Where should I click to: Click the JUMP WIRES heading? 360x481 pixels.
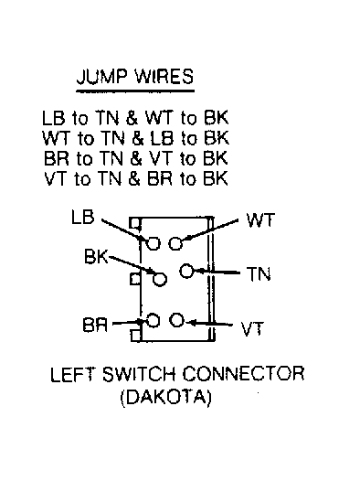pyautogui.click(x=135, y=76)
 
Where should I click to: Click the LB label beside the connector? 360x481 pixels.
pyautogui.click(x=83, y=218)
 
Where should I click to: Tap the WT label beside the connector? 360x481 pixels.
pyautogui.click(x=260, y=220)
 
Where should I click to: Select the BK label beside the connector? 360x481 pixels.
pyautogui.click(x=96, y=256)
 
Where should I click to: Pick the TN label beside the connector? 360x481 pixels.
pyautogui.click(x=259, y=274)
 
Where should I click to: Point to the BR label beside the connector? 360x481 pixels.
pyautogui.click(x=95, y=325)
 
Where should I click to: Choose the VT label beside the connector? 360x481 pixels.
pyautogui.click(x=252, y=329)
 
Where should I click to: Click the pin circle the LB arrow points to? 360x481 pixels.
pyautogui.click(x=154, y=243)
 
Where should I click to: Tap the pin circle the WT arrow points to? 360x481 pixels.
pyautogui.click(x=175, y=243)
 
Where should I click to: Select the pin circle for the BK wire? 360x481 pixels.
pyautogui.click(x=160, y=279)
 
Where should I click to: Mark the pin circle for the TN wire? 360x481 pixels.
pyautogui.click(x=186, y=272)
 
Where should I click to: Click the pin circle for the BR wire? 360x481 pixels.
pyautogui.click(x=154, y=321)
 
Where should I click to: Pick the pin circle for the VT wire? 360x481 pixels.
pyautogui.click(x=176, y=320)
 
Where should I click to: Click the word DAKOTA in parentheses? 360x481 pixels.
pyautogui.click(x=165, y=398)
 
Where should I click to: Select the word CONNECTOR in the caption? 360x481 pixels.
pyautogui.click(x=244, y=374)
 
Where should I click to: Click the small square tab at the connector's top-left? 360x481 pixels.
pyautogui.click(x=134, y=223)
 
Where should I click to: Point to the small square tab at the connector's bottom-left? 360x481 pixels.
pyautogui.click(x=135, y=336)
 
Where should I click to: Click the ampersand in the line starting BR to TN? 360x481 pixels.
pyautogui.click(x=136, y=158)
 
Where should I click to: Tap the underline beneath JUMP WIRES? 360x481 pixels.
pyautogui.click(x=135, y=91)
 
